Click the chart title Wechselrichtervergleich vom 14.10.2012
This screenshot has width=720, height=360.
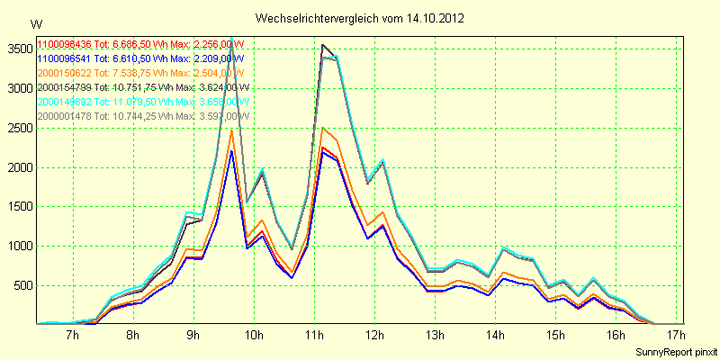pos(359,18)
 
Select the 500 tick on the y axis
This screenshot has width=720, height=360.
pos(22,286)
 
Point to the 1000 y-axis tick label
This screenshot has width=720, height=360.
pos(20,247)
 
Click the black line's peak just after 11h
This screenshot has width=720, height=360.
pos(322,44)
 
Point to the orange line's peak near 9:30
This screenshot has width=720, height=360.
pos(231,130)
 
